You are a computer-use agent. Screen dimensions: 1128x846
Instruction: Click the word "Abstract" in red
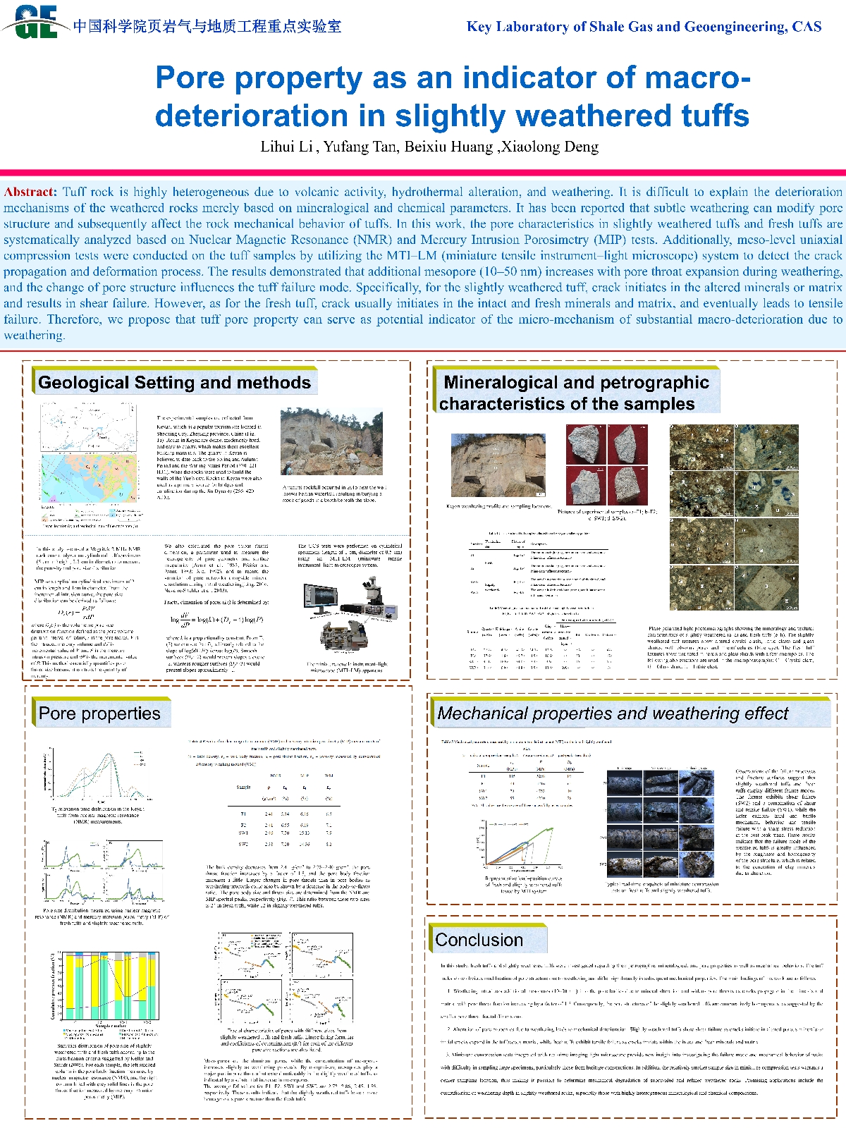[29, 192]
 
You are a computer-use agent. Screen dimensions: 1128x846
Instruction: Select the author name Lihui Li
[286, 147]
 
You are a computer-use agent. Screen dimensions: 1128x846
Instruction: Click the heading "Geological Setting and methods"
[174, 383]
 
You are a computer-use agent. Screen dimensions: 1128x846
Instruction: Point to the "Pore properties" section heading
[99, 713]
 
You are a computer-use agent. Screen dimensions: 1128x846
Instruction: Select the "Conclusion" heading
[479, 940]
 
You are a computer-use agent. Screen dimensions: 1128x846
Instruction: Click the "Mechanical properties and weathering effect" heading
[612, 713]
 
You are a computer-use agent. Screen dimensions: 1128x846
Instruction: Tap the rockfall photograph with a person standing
[331, 444]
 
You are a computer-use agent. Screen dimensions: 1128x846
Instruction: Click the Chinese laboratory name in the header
[207, 27]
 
